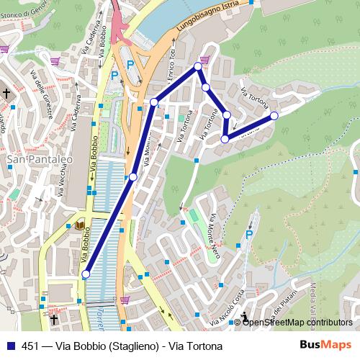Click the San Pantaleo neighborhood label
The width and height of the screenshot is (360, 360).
coord(31,158)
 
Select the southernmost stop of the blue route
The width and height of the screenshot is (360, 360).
coord(86,274)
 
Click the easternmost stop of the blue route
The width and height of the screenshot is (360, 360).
coord(274,116)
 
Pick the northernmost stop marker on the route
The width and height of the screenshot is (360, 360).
coord(199,66)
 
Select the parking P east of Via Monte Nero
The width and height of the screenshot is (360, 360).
coord(249,234)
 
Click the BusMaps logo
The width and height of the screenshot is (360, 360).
coord(325,345)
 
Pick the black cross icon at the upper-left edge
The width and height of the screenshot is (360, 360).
coord(6,94)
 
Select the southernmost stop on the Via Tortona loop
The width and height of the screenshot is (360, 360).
coord(225,139)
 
